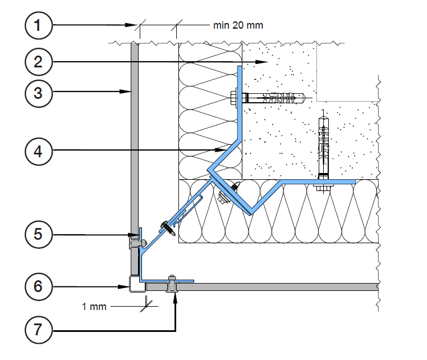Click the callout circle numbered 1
point(38,25)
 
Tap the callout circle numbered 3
point(38,92)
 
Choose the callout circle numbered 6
point(38,286)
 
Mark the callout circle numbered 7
point(38,330)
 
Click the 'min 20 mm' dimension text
point(238,25)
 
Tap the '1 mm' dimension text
point(93,307)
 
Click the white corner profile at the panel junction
point(135,285)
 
